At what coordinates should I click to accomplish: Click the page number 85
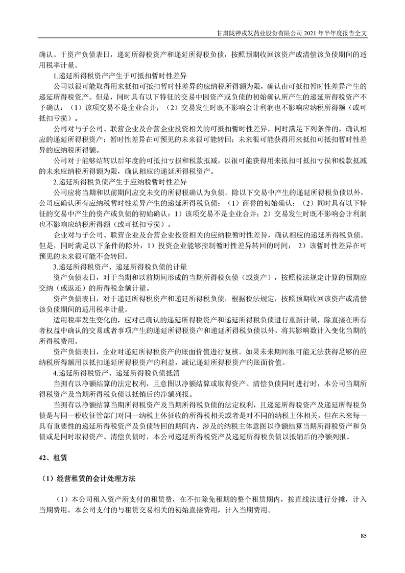(363, 535)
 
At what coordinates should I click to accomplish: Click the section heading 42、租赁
(52, 457)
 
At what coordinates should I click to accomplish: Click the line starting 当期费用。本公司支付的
(155, 510)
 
